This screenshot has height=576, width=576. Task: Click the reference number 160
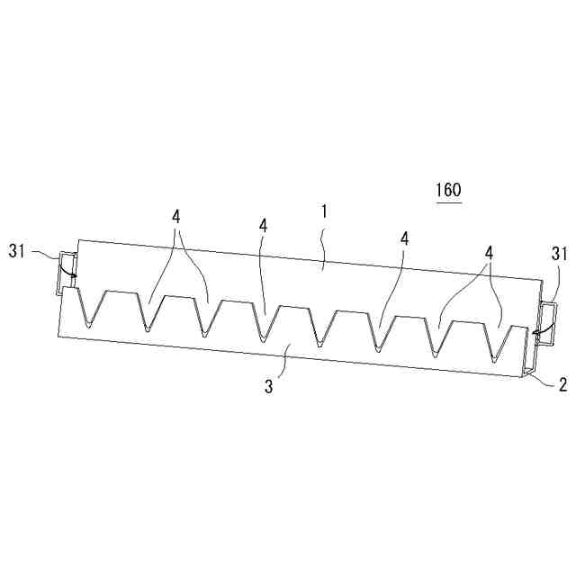tap(447, 190)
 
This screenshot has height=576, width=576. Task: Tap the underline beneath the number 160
tap(447, 202)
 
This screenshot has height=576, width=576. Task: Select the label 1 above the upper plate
tap(325, 211)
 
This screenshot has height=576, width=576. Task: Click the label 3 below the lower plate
tap(268, 386)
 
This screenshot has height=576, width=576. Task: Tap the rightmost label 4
tap(489, 254)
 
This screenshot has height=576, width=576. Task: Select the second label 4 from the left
tap(263, 225)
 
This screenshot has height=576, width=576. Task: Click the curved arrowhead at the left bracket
tap(74, 276)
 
